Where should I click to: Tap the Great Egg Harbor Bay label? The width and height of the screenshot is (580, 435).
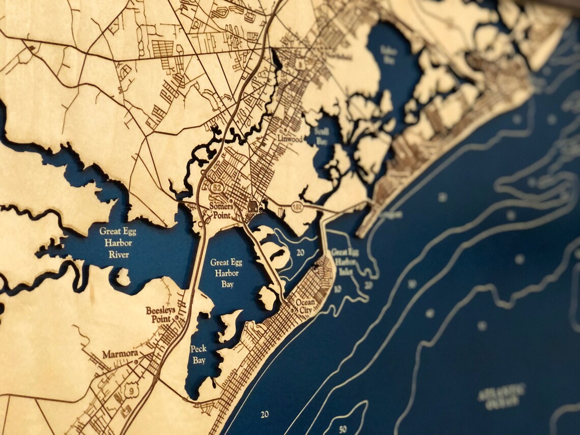pyautogui.click(x=226, y=273)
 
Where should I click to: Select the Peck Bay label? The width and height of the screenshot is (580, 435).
pyautogui.click(x=198, y=354)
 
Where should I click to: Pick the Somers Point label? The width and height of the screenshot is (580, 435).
pyautogui.click(x=222, y=211)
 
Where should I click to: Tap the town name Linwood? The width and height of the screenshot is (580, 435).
pyautogui.click(x=290, y=139)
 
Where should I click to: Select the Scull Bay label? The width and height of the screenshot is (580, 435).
pyautogui.click(x=322, y=135)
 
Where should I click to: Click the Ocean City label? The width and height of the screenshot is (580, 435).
pyautogui.click(x=306, y=305)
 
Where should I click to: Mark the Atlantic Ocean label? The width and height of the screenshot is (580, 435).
pyautogui.click(x=502, y=396)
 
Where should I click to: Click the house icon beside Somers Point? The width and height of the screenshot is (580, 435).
pyautogui.click(x=252, y=207)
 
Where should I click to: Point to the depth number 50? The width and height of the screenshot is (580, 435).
pyautogui.click(x=342, y=429)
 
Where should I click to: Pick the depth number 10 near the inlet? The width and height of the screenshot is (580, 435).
pyautogui.click(x=337, y=289)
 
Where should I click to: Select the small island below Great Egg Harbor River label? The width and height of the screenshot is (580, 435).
pyautogui.click(x=122, y=277)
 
